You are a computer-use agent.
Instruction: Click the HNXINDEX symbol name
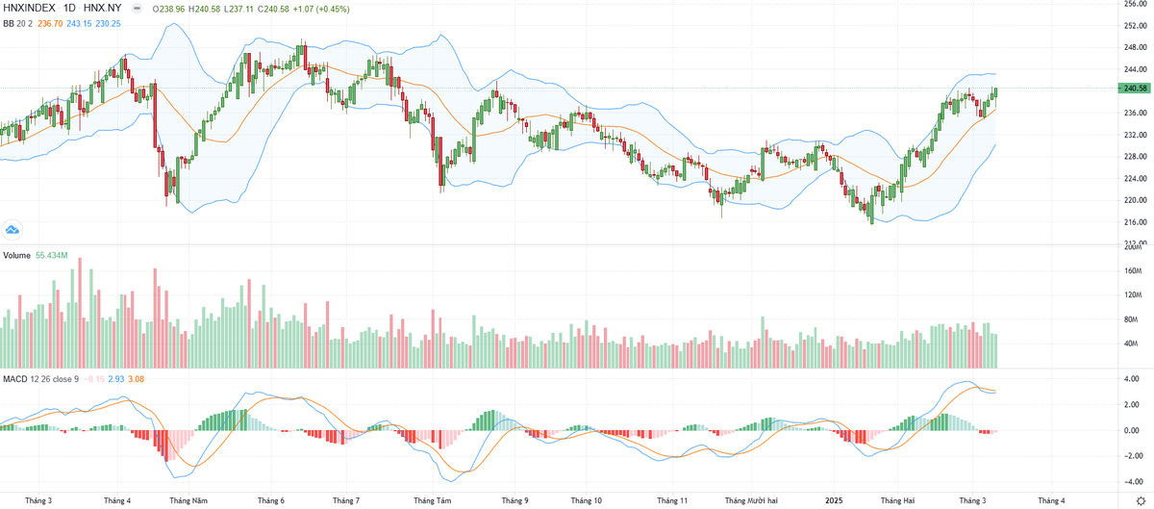pyautogui.click(x=28, y=7)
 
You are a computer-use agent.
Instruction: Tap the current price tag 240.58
pyautogui.click(x=1132, y=89)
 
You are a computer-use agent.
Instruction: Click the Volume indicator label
pyautogui.click(x=16, y=256)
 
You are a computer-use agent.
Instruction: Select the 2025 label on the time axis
pyautogui.click(x=834, y=500)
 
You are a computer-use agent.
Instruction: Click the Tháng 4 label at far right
pyautogui.click(x=1050, y=500)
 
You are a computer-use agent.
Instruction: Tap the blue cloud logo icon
pyautogui.click(x=13, y=229)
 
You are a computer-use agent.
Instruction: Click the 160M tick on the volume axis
pyautogui.click(x=1132, y=271)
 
